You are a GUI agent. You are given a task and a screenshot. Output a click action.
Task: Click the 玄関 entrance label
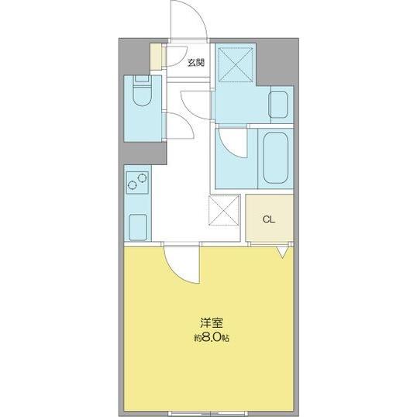click(195, 62)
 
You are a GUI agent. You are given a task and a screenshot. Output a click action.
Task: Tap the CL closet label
click(268, 219)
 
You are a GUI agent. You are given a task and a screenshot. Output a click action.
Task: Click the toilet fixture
click(140, 95)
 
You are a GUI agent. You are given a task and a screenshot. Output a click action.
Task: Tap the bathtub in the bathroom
click(274, 157)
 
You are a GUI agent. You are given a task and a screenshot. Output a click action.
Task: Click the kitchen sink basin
click(140, 226)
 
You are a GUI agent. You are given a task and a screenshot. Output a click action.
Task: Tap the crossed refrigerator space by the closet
click(224, 212)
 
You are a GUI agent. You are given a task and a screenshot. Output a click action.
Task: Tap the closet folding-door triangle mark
click(282, 251)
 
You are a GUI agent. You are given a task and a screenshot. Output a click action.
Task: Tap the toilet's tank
click(140, 79)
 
